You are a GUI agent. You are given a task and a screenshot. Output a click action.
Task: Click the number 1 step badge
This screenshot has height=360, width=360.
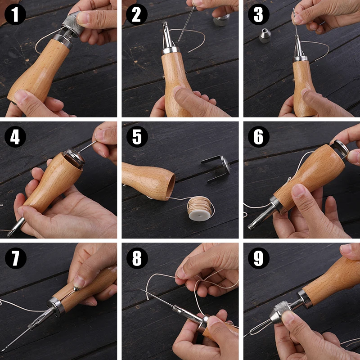[15, 14]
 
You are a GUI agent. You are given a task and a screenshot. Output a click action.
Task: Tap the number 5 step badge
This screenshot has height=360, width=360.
[137, 137]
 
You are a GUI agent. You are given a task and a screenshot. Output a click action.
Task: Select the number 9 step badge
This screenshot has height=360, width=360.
[258, 258]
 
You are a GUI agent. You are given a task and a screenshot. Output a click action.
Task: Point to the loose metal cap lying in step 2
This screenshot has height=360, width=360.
[221, 20]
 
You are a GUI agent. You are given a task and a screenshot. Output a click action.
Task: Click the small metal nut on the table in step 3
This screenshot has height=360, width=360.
[265, 36]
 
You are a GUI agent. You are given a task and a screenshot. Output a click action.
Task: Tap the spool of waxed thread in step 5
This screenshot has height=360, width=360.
[200, 208]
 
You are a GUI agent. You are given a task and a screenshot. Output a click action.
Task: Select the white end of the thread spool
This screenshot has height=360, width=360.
[199, 216]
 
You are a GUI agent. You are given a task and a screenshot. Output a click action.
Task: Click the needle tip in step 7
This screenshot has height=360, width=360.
[2, 351]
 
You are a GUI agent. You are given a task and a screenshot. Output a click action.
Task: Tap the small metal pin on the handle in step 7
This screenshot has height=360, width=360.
[76, 288]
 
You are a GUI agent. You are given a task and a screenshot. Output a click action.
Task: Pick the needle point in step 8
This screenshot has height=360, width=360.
[141, 290]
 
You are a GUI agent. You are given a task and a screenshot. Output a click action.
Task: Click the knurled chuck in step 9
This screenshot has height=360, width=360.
[280, 311]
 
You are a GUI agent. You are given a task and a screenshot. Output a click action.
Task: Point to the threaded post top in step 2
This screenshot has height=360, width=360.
[165, 23]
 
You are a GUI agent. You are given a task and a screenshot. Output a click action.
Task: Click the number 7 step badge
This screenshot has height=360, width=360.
[16, 258]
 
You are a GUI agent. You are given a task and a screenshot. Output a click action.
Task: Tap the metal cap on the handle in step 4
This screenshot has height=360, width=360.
[74, 158]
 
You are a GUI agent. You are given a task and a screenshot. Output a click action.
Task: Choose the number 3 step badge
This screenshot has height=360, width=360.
[258, 14]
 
